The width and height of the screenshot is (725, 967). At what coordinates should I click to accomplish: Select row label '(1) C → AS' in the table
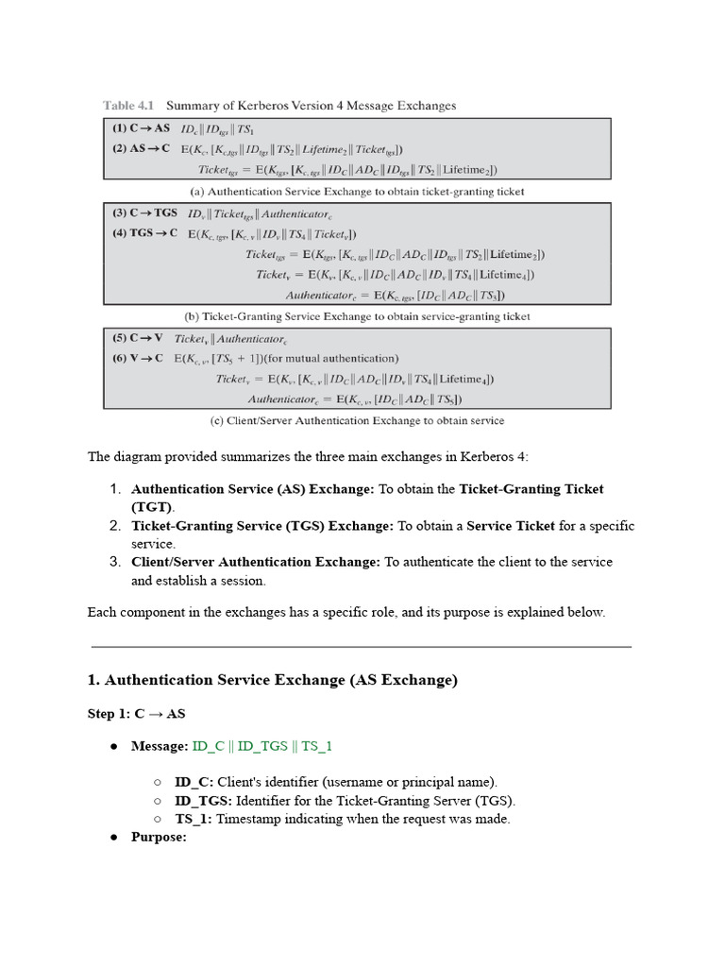point(141,127)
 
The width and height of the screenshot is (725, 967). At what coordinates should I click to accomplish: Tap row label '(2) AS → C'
point(141,148)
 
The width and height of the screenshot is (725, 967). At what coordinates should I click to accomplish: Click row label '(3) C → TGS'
point(145,214)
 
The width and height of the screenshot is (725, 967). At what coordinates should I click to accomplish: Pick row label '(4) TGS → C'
point(145,234)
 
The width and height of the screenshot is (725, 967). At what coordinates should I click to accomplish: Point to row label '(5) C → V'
point(138,338)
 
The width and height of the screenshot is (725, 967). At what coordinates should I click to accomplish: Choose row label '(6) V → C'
point(138,358)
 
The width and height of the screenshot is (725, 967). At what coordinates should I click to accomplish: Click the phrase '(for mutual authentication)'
point(327,358)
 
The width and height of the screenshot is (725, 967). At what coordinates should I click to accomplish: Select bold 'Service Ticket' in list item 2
point(511,526)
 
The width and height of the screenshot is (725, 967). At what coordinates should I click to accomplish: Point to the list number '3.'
point(115,562)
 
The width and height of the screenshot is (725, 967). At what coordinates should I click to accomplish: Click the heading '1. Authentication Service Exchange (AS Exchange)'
point(272,681)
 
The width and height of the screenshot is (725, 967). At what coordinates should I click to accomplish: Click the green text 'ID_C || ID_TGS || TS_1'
point(262,746)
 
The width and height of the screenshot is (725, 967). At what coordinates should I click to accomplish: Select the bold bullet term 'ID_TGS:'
point(204,801)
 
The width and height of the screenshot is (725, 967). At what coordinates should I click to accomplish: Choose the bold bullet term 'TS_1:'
point(194,819)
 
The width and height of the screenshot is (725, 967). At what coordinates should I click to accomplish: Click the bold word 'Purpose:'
point(159,837)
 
